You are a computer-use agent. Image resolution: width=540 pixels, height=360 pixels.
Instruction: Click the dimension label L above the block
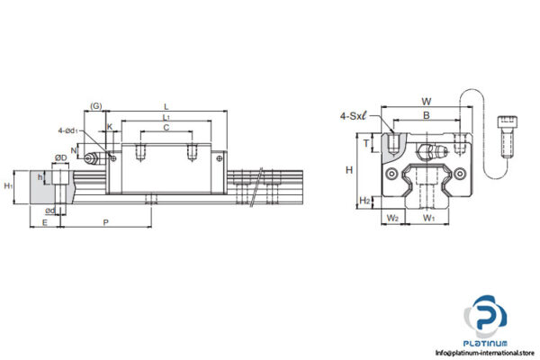pyautogui.click(x=166, y=106)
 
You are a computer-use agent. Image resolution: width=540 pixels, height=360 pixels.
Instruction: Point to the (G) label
pyautogui.click(x=95, y=107)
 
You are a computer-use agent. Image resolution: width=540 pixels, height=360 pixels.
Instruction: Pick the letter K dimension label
pyautogui.click(x=110, y=127)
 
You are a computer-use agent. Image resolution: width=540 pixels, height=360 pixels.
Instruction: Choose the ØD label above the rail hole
pyautogui.click(x=60, y=158)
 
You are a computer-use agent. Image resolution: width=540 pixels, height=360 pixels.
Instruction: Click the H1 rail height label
pyautogui.click(x=8, y=185)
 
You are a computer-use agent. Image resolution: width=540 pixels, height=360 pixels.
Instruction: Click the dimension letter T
pyautogui.click(x=366, y=142)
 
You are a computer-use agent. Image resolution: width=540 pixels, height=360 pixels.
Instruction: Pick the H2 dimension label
pyautogui.click(x=364, y=200)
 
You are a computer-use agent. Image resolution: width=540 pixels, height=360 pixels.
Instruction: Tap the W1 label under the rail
pyautogui.click(x=429, y=218)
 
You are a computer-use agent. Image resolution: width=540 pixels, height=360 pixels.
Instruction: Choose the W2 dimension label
pyautogui.click(x=392, y=218)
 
